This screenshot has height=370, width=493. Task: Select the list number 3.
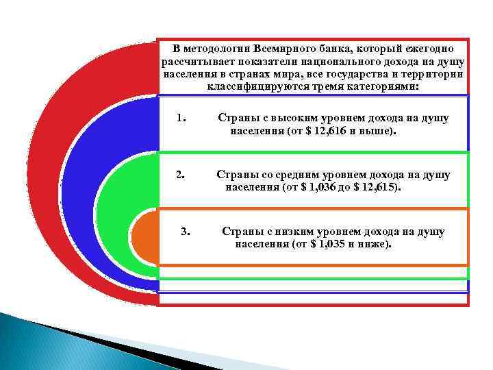coord(185,232)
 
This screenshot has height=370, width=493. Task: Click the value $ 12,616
coord(323,130)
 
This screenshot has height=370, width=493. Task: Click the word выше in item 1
coord(380,130)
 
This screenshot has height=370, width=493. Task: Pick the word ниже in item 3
coord(373,243)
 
